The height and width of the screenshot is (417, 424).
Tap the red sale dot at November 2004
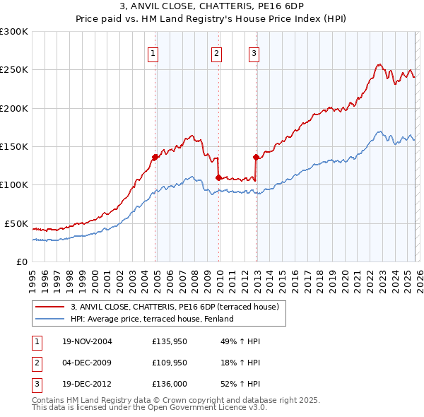[155, 157]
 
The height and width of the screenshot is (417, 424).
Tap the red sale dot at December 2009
[218, 177]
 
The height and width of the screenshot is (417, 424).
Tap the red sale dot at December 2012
[256, 157]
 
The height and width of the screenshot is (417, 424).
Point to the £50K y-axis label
[16, 223]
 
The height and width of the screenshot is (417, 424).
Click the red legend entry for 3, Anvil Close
[175, 307]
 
